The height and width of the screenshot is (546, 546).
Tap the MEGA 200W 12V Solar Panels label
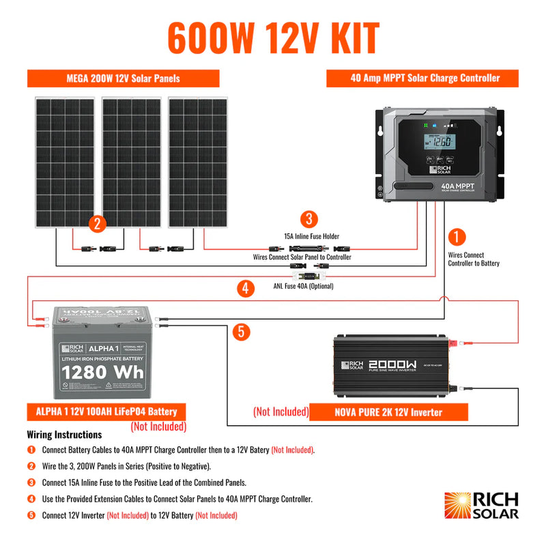pos(124,78)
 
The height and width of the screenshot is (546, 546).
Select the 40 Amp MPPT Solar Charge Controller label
pos(425,78)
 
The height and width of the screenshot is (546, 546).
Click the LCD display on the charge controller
pos(439,143)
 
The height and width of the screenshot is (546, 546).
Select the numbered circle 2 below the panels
pos(98,223)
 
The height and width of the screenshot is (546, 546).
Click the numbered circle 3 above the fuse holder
pos(309,219)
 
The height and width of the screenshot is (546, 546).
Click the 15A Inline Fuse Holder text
pos(312,236)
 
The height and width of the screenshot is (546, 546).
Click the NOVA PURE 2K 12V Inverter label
pos(388,412)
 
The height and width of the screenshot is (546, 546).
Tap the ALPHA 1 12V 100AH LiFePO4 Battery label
pos(106,412)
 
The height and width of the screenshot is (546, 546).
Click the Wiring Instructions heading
pos(64,435)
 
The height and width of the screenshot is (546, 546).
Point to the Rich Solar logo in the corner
pos(481,506)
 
